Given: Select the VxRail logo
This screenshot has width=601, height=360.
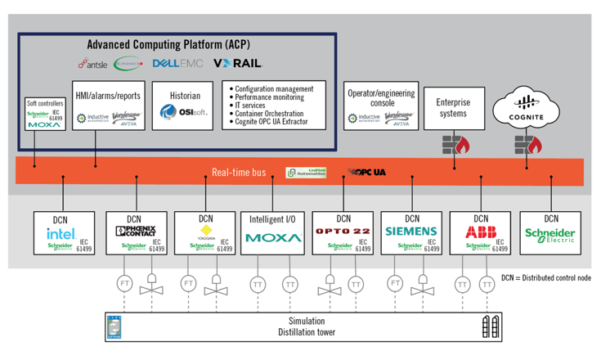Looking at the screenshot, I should click(237, 64).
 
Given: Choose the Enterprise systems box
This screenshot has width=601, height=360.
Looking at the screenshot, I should click(453, 108).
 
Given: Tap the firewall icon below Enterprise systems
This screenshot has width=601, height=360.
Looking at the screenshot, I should click(454, 145).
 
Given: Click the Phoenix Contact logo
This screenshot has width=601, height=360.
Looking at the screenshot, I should click(135, 232).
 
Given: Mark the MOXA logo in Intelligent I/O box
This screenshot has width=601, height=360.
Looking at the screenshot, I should click(273, 239).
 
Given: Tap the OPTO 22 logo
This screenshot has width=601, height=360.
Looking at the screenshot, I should click(343, 232).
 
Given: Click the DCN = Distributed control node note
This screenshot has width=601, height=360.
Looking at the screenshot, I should click(545, 278).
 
